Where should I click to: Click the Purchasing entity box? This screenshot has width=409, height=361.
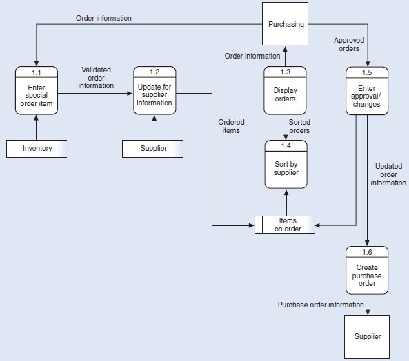(x=286, y=25)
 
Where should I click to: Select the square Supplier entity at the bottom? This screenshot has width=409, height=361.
(x=367, y=336)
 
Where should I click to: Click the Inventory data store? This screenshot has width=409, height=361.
(x=37, y=148)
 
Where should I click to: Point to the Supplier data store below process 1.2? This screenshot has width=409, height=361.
(x=153, y=148)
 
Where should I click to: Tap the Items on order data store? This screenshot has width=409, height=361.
(x=288, y=225)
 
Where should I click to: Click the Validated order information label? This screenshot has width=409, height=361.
(x=96, y=77)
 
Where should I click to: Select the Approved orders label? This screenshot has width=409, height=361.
(x=349, y=45)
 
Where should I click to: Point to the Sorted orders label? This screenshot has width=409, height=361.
(x=299, y=126)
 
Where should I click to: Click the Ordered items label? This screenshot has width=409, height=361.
(x=231, y=126)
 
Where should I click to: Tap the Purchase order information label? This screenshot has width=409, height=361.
(x=320, y=304)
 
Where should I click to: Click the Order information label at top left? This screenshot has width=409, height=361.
(x=103, y=17)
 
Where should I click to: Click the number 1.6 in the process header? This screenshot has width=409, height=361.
(x=367, y=251)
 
